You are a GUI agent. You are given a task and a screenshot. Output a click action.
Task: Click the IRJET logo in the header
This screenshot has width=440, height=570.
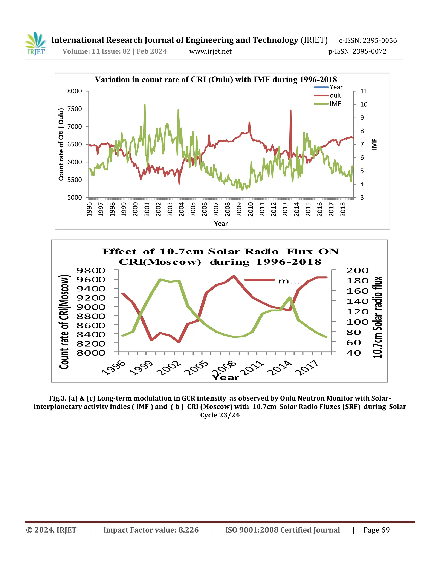(x=36, y=44)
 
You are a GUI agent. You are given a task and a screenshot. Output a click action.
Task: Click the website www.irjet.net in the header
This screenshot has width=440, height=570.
(x=210, y=51)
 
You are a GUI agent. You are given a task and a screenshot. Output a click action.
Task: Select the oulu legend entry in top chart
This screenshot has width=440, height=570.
(x=336, y=96)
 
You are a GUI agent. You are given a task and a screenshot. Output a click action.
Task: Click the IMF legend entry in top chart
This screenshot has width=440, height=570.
(x=335, y=104)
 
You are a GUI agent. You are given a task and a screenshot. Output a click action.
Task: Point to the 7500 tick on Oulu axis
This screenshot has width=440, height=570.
(x=75, y=109)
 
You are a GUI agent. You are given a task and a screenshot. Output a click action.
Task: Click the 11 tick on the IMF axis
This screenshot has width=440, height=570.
(x=364, y=91)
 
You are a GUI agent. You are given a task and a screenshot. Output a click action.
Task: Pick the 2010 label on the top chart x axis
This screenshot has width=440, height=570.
(x=251, y=209)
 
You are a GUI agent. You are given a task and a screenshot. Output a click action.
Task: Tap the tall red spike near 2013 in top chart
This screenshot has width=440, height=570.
(x=290, y=111)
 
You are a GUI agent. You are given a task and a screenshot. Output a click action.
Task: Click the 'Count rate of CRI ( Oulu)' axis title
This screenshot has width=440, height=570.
(x=61, y=144)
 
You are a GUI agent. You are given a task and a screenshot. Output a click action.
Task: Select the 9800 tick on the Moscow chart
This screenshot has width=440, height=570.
(x=91, y=270)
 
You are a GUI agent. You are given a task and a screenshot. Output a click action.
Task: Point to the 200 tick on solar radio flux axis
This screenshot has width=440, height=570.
(x=357, y=271)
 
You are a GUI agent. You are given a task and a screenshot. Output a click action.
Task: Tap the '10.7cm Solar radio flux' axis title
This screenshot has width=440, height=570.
(x=377, y=317)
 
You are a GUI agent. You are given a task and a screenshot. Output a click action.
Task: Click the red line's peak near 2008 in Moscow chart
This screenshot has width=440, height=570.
(x=234, y=276)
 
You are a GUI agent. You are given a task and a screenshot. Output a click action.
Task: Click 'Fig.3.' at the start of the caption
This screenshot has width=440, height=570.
(x=58, y=398)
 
